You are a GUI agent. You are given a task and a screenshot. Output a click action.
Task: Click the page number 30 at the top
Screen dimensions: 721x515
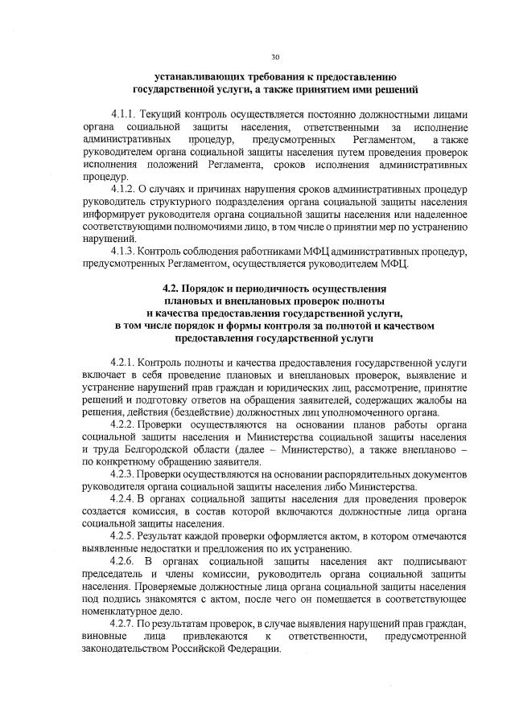[x=275, y=57]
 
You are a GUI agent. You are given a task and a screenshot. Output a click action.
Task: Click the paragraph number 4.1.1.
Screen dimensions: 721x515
[x=126, y=115]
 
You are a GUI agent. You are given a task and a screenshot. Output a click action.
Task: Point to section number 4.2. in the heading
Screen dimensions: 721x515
[x=173, y=289]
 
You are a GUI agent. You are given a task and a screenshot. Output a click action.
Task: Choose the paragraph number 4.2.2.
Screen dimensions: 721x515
[x=126, y=424]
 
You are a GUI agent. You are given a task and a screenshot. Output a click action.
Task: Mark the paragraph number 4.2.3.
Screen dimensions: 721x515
[x=126, y=474]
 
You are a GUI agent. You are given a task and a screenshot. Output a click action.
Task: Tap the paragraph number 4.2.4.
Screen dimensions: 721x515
[x=126, y=499]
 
